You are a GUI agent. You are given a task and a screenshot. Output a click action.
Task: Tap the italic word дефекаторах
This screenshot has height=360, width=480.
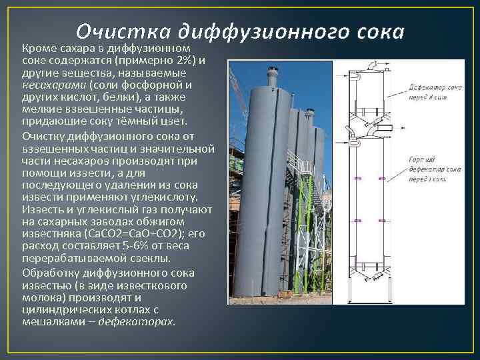[x=137, y=321]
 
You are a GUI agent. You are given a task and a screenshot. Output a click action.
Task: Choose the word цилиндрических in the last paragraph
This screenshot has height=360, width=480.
[x=61, y=309]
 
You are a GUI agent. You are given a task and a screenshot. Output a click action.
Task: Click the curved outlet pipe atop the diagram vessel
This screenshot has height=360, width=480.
[x=382, y=65]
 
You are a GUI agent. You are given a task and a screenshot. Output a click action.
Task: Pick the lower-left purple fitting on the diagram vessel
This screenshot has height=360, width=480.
[x=358, y=220]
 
